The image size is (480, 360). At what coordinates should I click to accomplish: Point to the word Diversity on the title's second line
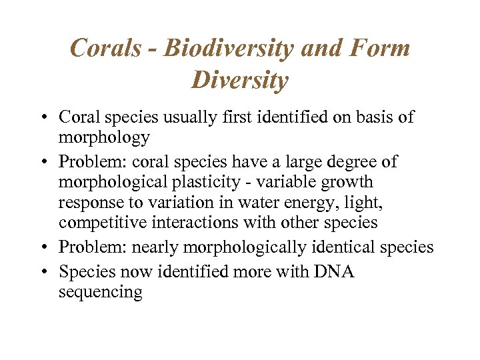(x=240, y=81)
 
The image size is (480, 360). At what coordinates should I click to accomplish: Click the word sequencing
(x=100, y=292)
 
